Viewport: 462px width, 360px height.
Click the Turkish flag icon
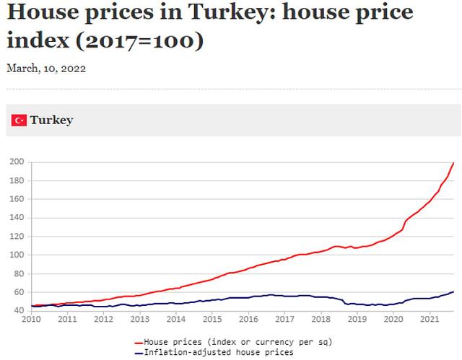point(19,120)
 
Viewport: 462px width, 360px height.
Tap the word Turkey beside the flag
point(51,120)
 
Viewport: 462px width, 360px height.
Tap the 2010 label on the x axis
point(30,318)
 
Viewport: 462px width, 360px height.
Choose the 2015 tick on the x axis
point(213,318)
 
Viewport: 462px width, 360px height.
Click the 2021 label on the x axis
point(430,318)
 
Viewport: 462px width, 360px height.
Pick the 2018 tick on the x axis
point(321,318)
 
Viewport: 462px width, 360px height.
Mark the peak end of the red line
point(453,164)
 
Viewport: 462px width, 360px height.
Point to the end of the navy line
point(453,291)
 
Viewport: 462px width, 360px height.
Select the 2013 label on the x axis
point(139,318)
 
